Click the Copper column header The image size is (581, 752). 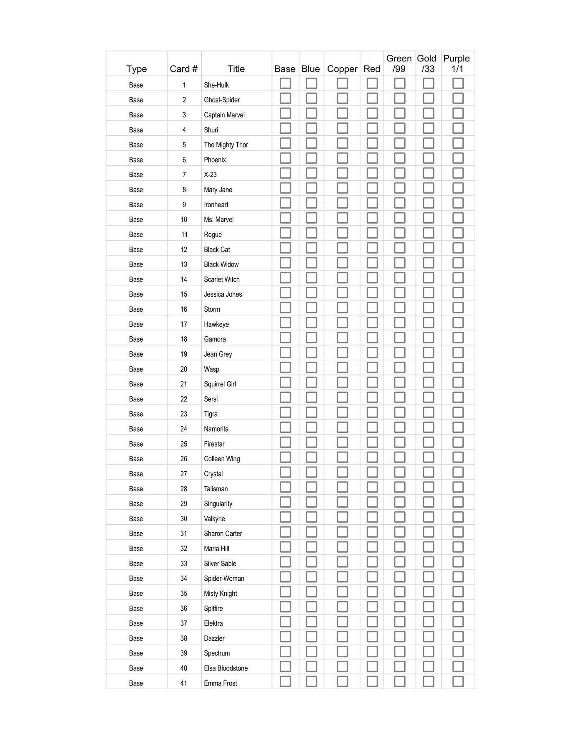point(342,69)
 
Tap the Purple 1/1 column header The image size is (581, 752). point(457,64)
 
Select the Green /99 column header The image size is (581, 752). point(399,64)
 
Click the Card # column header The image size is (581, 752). point(184,69)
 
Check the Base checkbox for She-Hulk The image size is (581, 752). point(285,84)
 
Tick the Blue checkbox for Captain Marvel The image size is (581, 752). point(311,113)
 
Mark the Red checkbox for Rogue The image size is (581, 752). point(372,233)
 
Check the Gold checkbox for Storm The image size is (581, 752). point(428,308)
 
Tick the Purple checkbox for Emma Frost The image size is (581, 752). point(458,682)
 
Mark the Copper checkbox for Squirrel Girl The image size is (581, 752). point(342,383)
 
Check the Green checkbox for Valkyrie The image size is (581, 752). point(399,517)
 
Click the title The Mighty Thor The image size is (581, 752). point(226,145)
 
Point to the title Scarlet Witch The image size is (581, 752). point(222,279)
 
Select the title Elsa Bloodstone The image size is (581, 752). point(226,668)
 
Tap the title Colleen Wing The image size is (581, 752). point(222,459)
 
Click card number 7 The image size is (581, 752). point(184,175)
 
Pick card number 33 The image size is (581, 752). point(184,564)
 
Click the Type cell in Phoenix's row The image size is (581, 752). point(136,160)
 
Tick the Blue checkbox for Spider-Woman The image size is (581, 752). point(311,577)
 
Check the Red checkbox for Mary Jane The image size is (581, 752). point(372,188)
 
